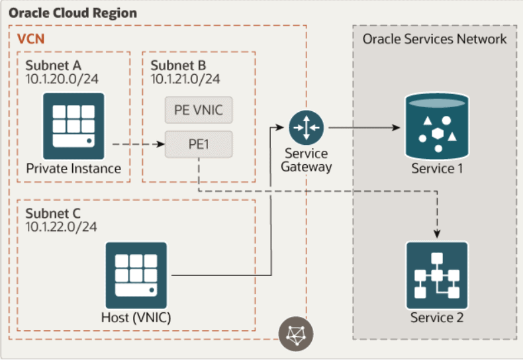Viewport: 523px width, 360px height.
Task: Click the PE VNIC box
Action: coord(199,111)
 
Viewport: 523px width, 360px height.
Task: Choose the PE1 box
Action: coord(199,143)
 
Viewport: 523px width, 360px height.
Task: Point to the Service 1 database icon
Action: coord(436,125)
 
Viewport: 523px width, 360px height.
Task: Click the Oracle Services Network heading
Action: coord(434,39)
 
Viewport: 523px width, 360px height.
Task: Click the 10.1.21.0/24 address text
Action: coord(185,79)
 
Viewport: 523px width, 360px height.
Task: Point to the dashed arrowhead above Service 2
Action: coord(436,234)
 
